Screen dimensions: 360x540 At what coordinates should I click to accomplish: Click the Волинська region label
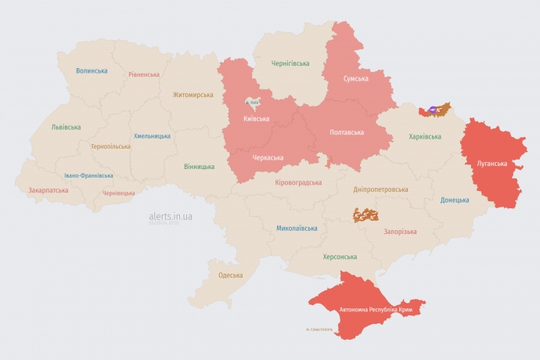92,70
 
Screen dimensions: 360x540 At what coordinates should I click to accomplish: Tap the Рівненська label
144,74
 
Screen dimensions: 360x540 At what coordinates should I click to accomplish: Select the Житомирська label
193,95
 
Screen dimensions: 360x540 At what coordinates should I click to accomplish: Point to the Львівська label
66,126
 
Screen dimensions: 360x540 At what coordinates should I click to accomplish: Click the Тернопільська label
110,146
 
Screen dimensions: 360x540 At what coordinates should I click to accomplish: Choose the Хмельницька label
152,135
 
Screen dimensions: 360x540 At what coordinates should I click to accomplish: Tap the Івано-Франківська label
88,175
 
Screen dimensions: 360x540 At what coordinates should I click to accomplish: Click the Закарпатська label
48,189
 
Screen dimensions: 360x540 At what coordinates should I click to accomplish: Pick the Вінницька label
199,167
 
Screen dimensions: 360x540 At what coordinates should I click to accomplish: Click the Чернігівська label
290,63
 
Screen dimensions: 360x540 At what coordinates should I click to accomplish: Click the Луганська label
492,164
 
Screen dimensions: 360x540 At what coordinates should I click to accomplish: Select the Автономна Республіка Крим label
376,310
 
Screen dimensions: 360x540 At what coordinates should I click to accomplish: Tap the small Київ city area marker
254,102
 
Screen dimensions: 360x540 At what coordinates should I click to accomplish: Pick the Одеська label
230,275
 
